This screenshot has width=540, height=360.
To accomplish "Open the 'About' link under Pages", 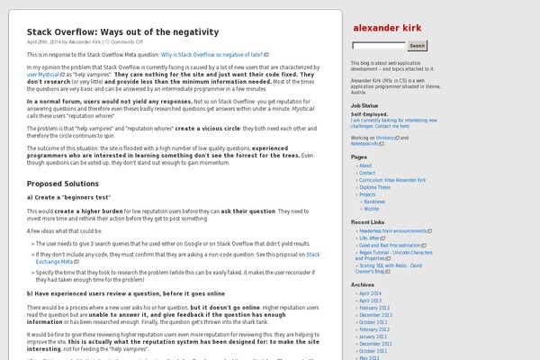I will (x=365, y=166).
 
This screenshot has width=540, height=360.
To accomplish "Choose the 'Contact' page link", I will (x=368, y=173).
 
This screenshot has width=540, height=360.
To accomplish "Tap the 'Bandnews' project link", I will (x=375, y=201).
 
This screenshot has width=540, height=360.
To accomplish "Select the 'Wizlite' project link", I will (x=372, y=208).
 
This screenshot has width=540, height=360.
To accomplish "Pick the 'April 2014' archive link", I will (x=371, y=293).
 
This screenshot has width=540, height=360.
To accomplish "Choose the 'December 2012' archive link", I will (x=375, y=314).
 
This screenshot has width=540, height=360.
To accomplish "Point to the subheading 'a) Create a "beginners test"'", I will (x=68, y=196).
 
